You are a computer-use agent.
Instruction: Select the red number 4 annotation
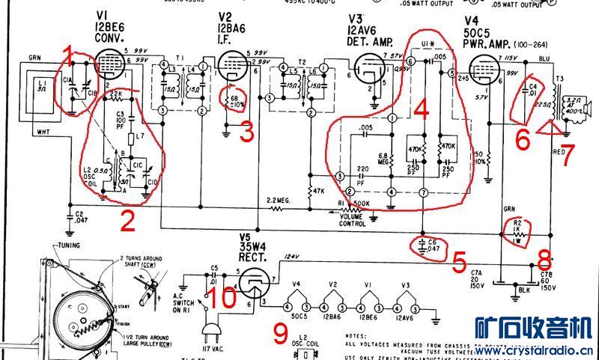422,112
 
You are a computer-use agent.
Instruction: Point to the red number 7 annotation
568,155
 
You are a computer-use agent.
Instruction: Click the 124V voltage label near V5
288,259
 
